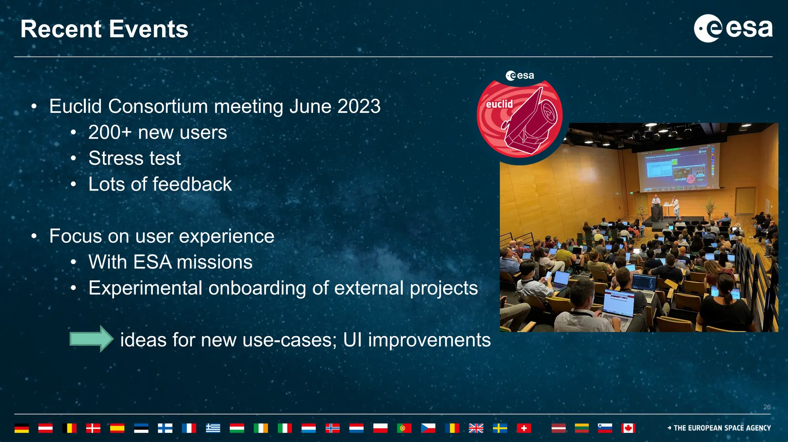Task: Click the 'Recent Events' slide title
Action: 104,29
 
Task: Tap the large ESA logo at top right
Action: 733,28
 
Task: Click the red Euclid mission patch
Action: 519,117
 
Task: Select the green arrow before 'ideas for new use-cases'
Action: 91,339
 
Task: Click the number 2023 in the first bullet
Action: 359,106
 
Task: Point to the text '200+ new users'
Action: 158,132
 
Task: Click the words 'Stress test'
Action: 135,158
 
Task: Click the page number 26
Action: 767,407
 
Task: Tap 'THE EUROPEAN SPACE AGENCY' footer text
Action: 722,428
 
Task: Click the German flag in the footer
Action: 22,428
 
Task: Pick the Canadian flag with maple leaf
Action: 628,428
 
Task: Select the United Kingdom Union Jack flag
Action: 476,428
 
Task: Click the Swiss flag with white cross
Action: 524,428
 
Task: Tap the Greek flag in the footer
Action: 213,428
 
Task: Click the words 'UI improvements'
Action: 416,340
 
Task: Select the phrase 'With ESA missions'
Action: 170,262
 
